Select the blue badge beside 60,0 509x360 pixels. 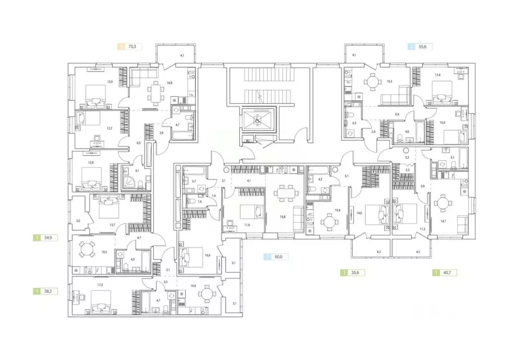[x=269, y=257]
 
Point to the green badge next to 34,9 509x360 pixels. [x=36, y=238]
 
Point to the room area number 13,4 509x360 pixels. [x=438, y=76]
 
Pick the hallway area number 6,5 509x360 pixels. [x=139, y=143]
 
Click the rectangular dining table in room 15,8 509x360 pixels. [x=285, y=192]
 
